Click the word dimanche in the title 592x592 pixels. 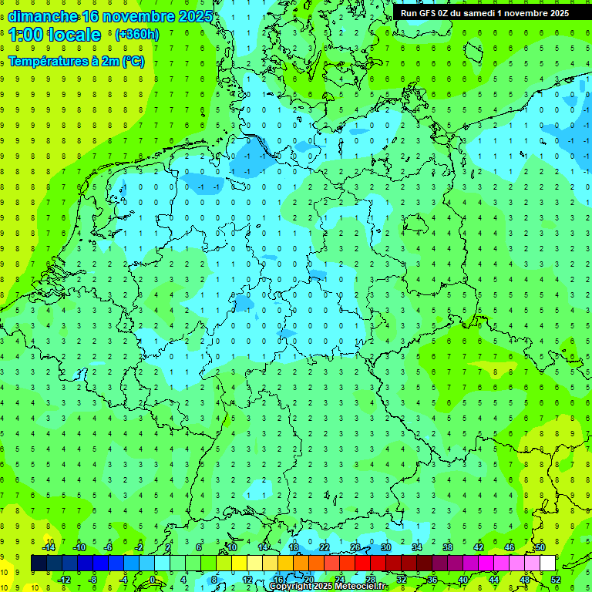[42, 16]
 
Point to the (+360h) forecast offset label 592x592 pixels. [137, 35]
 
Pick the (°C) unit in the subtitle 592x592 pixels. [133, 62]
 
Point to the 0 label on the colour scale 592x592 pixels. [153, 580]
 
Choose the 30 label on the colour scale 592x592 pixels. [385, 547]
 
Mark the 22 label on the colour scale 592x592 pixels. [325, 547]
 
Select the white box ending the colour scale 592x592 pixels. [547, 563]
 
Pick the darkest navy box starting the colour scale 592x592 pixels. [39, 563]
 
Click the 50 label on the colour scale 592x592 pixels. [540, 547]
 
